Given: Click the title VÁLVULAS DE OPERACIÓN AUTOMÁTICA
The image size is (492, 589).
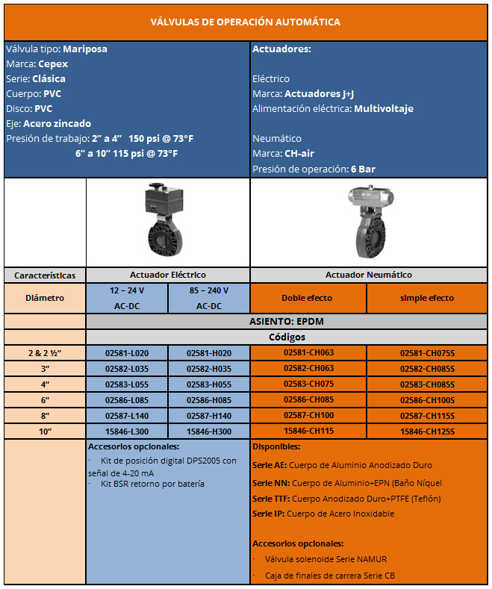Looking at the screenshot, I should pyautogui.click(x=246, y=22).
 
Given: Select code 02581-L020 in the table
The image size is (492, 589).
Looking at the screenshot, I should pyautogui.click(x=126, y=353).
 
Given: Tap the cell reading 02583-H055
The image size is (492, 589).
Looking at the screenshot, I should pyautogui.click(x=208, y=384).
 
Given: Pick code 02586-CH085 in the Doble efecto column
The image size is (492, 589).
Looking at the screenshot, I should pyautogui.click(x=308, y=400).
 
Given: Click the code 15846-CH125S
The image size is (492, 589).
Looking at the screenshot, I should pyautogui.click(x=427, y=431).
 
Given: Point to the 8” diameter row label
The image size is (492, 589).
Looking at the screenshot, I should pyautogui.click(x=44, y=416).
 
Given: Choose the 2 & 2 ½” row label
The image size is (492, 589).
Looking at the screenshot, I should pyautogui.click(x=44, y=353).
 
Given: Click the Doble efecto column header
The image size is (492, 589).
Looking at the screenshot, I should pyautogui.click(x=308, y=298).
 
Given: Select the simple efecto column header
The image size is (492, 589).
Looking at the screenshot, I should pyautogui.click(x=426, y=298).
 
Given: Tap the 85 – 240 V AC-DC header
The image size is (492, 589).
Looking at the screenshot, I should pyautogui.click(x=208, y=298).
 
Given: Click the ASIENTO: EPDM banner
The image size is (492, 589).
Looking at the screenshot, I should pyautogui.click(x=287, y=322).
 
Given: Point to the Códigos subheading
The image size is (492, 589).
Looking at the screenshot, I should pyautogui.click(x=287, y=337).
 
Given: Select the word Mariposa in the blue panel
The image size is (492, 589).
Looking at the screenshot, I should pyautogui.click(x=85, y=49).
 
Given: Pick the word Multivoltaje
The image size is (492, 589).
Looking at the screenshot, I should pyautogui.click(x=383, y=109).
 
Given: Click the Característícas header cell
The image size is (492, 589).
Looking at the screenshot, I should pyautogui.click(x=45, y=275).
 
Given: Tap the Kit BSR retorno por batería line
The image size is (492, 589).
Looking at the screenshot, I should pyautogui.click(x=152, y=484).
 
